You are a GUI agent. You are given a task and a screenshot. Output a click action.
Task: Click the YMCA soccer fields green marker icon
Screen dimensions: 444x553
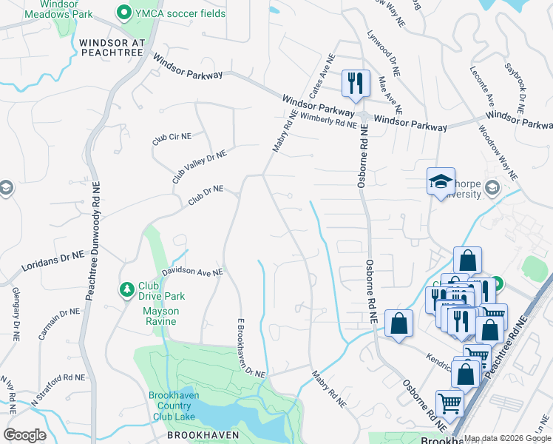coord(123,13)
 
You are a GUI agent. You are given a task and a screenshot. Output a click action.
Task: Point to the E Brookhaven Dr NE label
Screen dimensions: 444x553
coord(250,349)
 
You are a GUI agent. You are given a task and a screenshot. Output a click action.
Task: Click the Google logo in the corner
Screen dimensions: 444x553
coord(24,435)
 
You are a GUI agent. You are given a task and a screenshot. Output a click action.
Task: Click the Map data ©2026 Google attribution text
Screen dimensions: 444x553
coord(506,438)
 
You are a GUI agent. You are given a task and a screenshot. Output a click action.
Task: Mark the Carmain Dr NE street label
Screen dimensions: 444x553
coord(60,323)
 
